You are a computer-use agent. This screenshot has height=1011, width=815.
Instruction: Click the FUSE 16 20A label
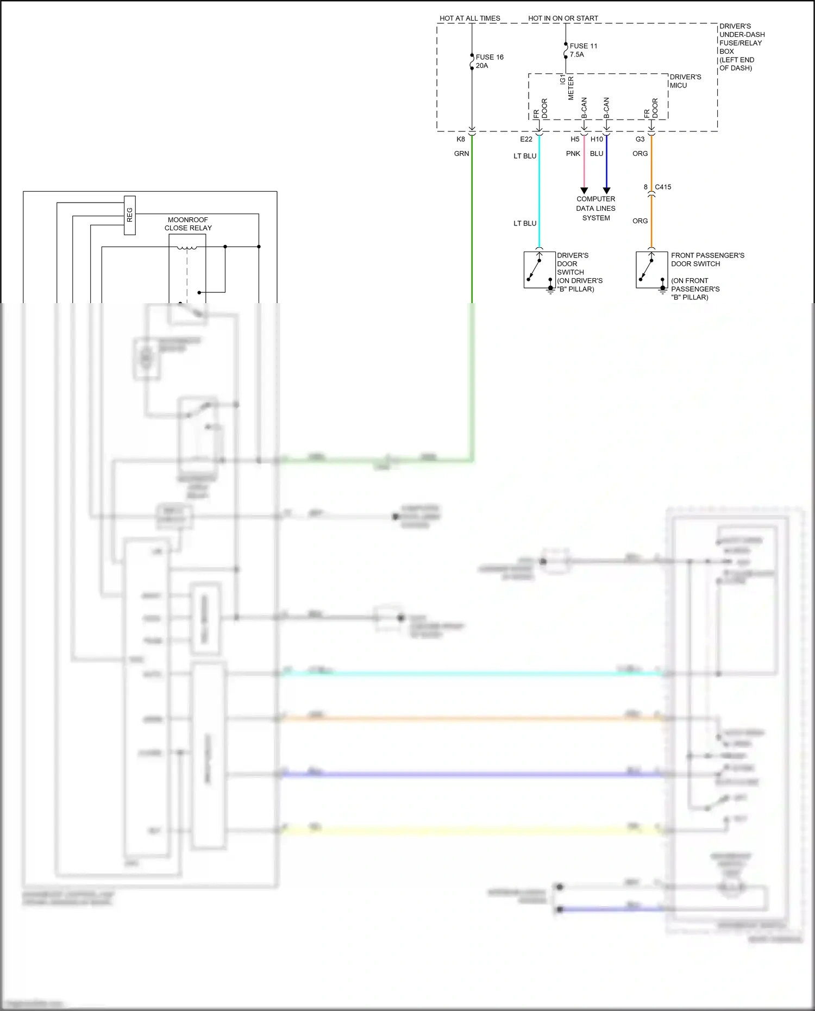click(x=489, y=61)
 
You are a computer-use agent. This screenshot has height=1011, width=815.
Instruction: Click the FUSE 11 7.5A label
click(x=583, y=50)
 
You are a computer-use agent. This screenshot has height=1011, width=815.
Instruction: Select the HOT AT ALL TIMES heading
click(x=469, y=18)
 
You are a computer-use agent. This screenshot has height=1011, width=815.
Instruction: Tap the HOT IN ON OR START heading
click(x=563, y=18)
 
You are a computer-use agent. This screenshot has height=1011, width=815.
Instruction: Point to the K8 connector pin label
click(x=461, y=140)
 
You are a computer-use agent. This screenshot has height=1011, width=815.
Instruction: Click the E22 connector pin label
click(x=526, y=140)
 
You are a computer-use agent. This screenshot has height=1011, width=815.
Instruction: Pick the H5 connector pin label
click(x=575, y=140)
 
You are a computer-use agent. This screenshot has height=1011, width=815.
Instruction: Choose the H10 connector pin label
click(x=597, y=140)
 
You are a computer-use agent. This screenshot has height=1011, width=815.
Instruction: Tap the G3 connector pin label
click(x=640, y=140)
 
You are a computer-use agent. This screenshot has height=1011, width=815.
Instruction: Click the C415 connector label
click(x=663, y=187)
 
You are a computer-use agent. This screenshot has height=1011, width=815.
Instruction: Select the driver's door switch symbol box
click(x=539, y=270)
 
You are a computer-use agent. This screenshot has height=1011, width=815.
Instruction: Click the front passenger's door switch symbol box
click(x=651, y=270)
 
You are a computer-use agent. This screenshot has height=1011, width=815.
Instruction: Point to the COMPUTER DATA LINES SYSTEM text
click(x=595, y=209)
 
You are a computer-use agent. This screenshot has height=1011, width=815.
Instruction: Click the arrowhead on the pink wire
click(x=584, y=191)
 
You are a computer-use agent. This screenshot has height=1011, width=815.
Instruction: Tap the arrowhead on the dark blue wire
click(x=606, y=191)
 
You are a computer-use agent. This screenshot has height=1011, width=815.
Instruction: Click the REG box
click(x=129, y=215)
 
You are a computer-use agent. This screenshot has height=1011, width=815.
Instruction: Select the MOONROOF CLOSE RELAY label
click(x=188, y=224)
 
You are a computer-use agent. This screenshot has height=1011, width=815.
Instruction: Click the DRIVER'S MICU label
click(x=685, y=81)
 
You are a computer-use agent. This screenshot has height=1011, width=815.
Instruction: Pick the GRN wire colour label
click(x=461, y=154)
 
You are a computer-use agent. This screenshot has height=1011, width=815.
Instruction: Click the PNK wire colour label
click(x=573, y=154)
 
